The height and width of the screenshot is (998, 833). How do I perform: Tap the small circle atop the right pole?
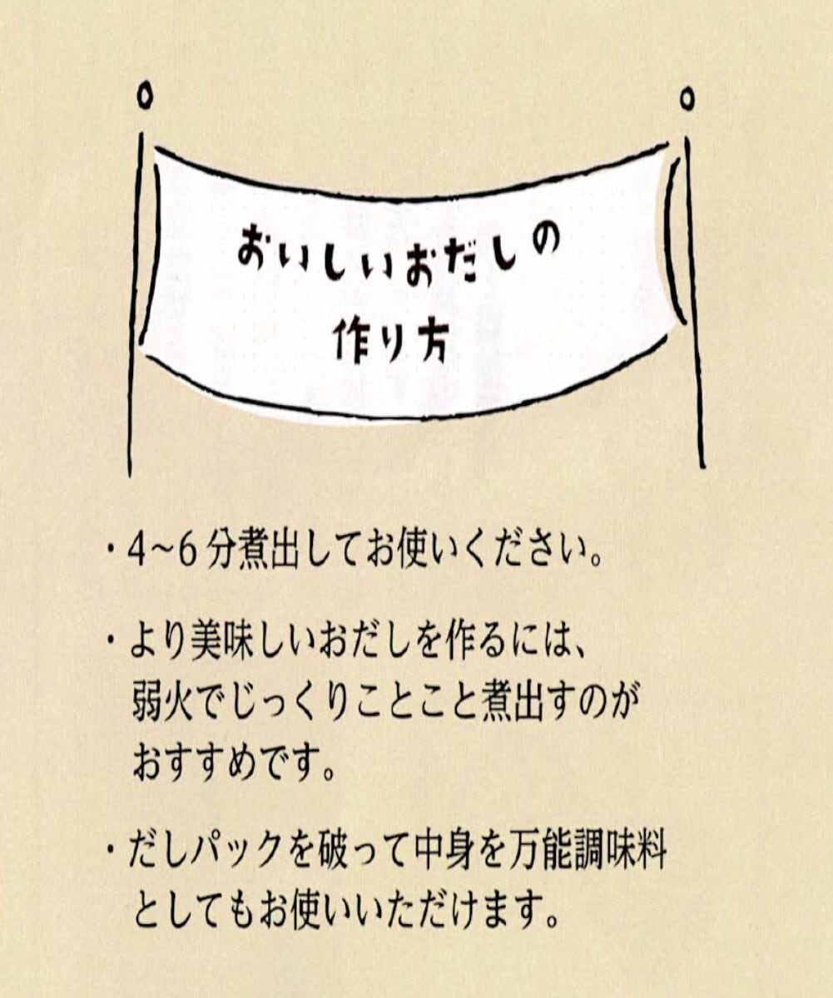[x=687, y=99]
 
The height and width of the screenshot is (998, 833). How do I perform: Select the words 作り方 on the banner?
[x=390, y=339]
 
